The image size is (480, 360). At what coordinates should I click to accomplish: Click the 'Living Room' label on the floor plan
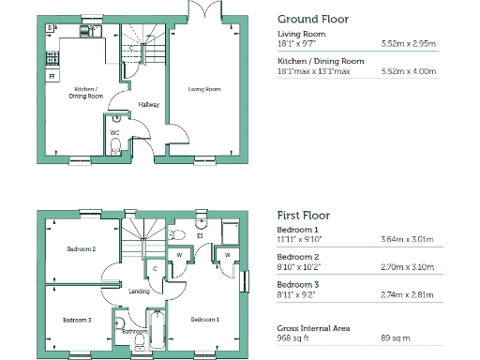[x=204, y=89]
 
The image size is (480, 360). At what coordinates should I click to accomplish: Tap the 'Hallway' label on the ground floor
[x=148, y=104]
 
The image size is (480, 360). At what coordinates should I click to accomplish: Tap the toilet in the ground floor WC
[x=116, y=119]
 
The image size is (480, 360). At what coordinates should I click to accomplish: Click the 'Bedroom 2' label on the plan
[x=81, y=249]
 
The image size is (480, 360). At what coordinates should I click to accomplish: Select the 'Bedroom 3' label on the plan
[x=77, y=320]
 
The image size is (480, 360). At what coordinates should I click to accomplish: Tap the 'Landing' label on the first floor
[x=140, y=292]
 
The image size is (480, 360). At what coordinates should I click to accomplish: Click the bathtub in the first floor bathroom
[x=160, y=328]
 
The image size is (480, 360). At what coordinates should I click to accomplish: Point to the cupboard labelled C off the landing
[x=156, y=269]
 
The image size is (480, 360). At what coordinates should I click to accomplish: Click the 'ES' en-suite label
[x=200, y=236]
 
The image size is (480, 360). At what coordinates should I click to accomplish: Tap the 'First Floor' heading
[x=303, y=216]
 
